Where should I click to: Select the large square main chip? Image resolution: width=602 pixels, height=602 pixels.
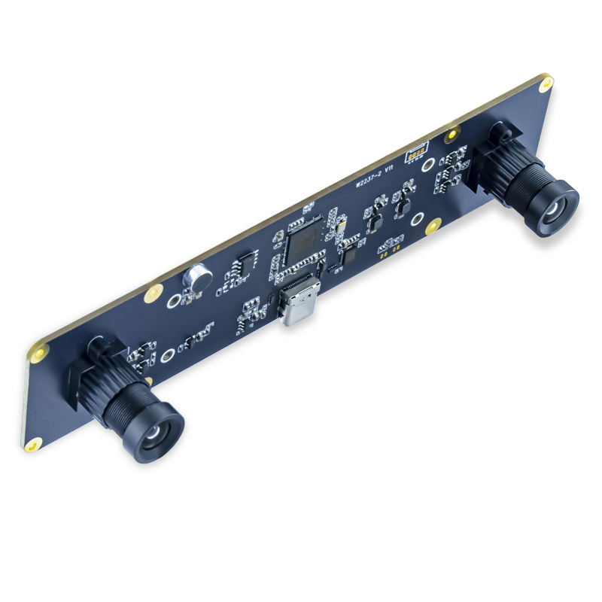click(304, 239)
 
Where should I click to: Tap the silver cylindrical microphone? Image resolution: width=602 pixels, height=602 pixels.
click(198, 278)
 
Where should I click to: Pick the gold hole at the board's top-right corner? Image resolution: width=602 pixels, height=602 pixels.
click(546, 83)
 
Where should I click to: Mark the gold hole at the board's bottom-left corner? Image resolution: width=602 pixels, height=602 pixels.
click(32, 445)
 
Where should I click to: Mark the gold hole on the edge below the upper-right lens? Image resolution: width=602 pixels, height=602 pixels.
click(433, 224)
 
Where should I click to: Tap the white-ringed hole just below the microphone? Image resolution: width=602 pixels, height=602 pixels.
click(174, 301)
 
